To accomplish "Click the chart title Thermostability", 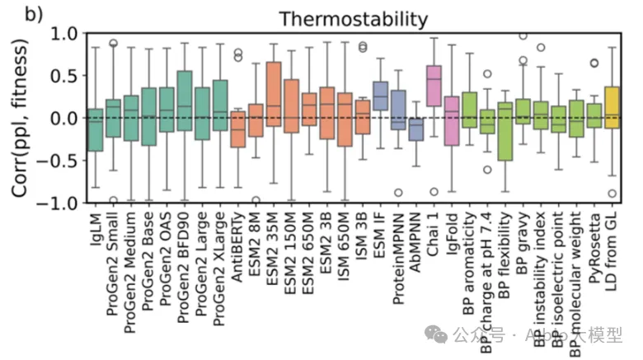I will [354, 18].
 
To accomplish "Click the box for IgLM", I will [95, 129].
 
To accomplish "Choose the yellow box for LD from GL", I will [612, 107].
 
